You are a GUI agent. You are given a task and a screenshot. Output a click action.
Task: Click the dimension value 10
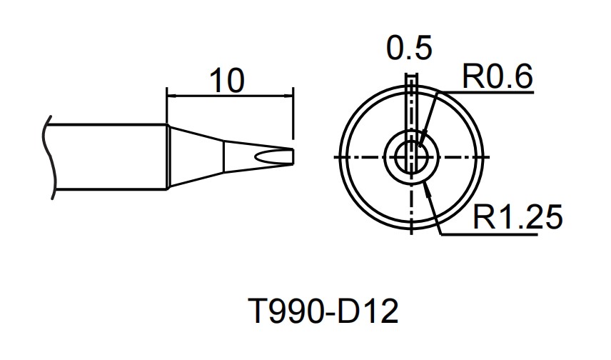pos(228,80)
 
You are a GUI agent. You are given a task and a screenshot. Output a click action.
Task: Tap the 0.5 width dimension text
pos(409,49)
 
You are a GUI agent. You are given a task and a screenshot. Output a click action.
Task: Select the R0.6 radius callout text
pos(498,77)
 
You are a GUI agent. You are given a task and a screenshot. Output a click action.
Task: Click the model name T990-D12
pos(322,312)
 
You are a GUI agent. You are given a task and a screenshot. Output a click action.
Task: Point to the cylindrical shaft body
pos(107,157)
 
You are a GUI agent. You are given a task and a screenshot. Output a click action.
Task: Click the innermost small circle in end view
pos(411,156)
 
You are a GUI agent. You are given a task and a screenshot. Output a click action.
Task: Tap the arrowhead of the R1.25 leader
pos(426,185)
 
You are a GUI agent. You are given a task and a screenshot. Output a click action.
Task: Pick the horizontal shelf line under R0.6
pos(493,91)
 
